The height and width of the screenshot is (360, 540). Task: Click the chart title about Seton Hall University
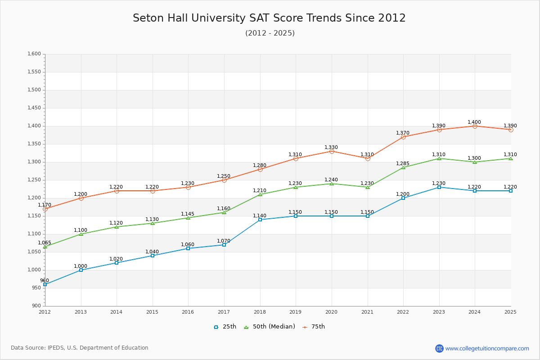pyautogui.click(x=269, y=18)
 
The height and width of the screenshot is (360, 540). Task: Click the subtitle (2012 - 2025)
pyautogui.click(x=270, y=33)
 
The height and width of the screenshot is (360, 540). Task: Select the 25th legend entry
pyautogui.click(x=225, y=327)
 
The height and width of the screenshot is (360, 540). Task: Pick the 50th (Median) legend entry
pyautogui.click(x=270, y=327)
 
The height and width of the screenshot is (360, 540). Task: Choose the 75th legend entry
pyautogui.click(x=314, y=327)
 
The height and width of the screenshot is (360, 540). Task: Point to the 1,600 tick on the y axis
pyautogui.click(x=34, y=54)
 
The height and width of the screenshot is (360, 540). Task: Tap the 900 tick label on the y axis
pyautogui.click(x=36, y=306)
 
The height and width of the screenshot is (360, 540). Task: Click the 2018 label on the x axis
pyautogui.click(x=260, y=312)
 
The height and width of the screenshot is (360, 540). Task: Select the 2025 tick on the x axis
pyautogui.click(x=510, y=312)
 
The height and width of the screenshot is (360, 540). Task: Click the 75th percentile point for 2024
pyautogui.click(x=475, y=126)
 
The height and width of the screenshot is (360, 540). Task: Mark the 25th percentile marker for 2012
pyautogui.click(x=45, y=284)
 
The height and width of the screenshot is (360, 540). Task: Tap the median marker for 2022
pyautogui.click(x=403, y=167)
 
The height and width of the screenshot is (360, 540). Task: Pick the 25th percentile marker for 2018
pyautogui.click(x=260, y=220)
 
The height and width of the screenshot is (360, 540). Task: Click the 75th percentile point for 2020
pyautogui.click(x=332, y=151)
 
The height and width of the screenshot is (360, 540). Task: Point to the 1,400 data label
pyautogui.click(x=474, y=122)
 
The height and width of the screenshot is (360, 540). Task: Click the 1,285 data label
pyautogui.click(x=403, y=163)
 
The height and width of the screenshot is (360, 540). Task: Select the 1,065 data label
pyautogui.click(x=45, y=243)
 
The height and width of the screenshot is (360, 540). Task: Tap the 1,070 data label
pyautogui.click(x=224, y=241)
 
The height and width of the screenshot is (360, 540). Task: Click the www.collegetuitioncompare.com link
pyautogui.click(x=487, y=348)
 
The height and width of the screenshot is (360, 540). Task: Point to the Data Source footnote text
pyautogui.click(x=80, y=348)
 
